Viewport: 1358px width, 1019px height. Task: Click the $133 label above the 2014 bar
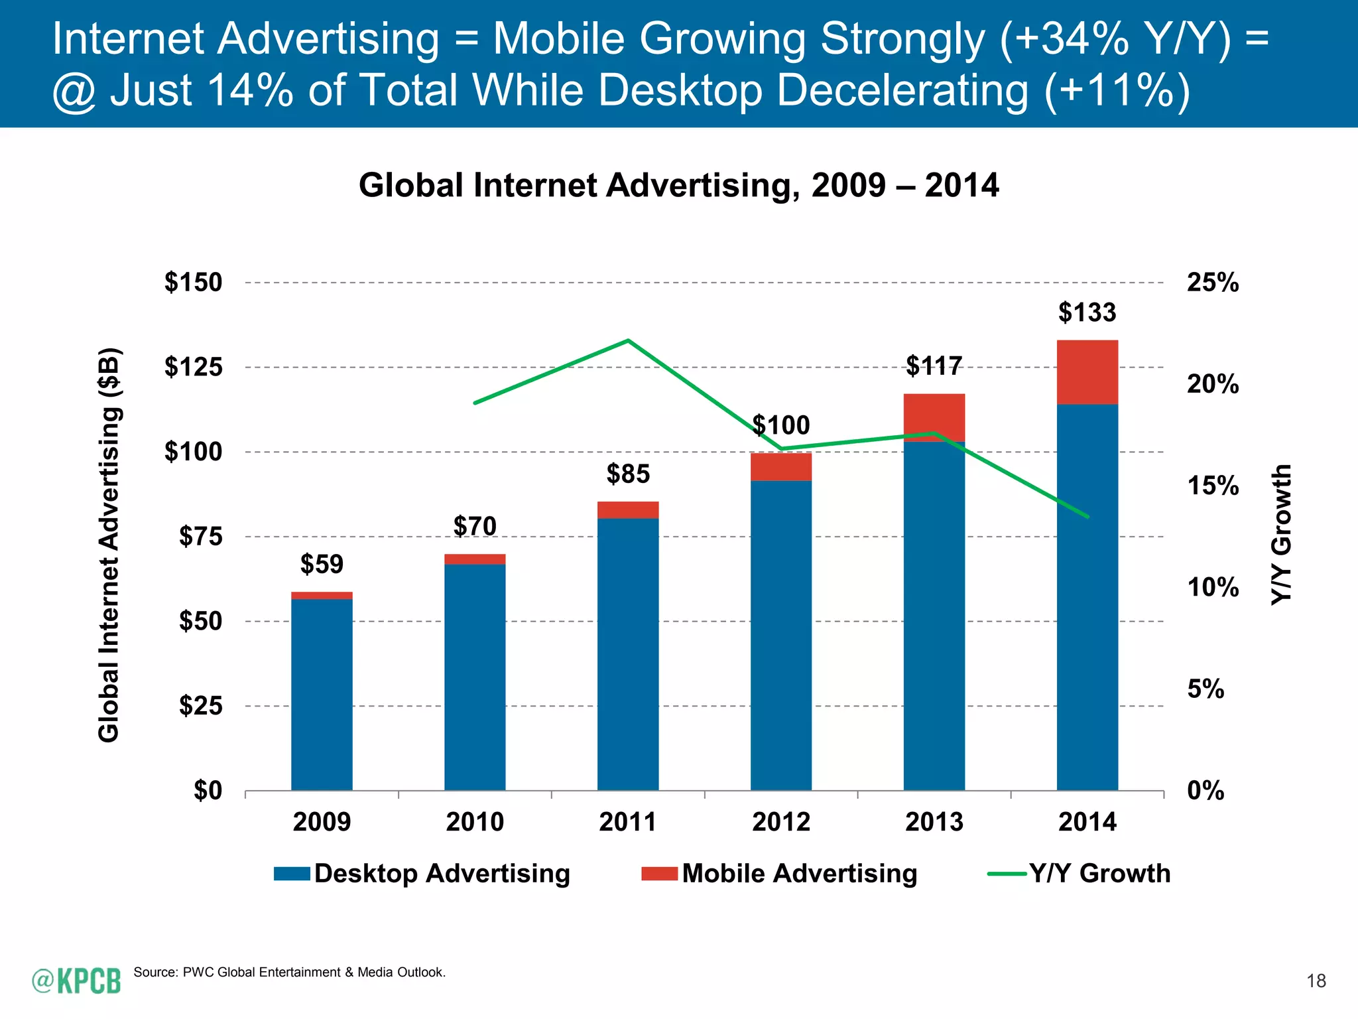1087,312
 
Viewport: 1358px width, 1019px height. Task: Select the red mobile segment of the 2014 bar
1087,372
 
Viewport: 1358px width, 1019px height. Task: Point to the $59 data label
322,565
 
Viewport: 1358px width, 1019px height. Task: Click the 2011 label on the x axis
627,822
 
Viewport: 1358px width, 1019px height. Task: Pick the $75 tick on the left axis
200,536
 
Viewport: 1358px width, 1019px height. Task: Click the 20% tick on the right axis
1212,384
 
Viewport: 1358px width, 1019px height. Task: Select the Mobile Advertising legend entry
780,874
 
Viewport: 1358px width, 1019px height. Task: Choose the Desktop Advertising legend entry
422,874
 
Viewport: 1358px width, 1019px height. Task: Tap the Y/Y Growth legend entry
1080,874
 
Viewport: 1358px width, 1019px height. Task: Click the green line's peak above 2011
628,340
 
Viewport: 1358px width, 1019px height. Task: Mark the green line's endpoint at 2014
1087,516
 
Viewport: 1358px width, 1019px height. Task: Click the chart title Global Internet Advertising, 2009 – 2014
678,185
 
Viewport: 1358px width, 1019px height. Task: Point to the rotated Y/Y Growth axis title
1281,535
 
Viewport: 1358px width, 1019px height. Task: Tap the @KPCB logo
76,981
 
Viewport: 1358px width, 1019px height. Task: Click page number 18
1316,981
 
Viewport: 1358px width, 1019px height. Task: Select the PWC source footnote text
290,973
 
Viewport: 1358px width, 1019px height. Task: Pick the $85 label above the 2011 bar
628,474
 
